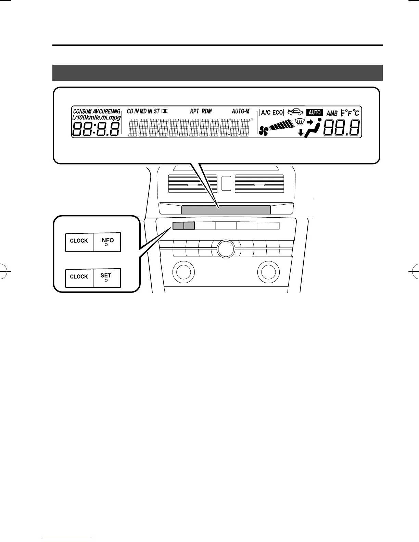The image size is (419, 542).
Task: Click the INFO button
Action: [107, 242]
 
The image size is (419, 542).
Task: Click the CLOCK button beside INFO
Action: [79, 242]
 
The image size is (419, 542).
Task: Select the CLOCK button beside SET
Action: [79, 278]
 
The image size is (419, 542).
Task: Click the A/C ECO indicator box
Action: [272, 113]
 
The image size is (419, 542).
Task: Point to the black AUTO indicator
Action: [315, 112]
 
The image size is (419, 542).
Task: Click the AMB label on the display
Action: [332, 113]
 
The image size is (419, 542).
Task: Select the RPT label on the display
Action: [194, 111]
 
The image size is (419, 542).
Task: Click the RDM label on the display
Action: [207, 111]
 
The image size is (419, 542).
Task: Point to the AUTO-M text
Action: [241, 111]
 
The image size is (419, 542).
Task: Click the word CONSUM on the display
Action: [82, 112]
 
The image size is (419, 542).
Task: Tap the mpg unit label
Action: [114, 117]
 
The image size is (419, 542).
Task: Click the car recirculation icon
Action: [295, 112]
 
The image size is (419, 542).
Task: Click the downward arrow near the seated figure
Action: [301, 133]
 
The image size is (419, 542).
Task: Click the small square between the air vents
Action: [226, 183]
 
